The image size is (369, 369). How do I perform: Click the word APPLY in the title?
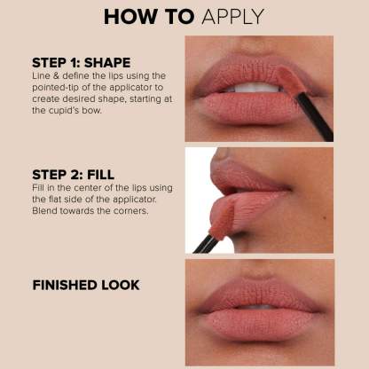[x=232, y=17]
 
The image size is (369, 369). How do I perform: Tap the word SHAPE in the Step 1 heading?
[x=107, y=63]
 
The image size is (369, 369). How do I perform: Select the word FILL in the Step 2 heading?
[x=101, y=175]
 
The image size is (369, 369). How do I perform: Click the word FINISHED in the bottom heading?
[x=65, y=285]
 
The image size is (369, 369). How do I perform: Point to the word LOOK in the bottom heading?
[x=121, y=285]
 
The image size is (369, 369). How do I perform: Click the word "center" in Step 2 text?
[x=87, y=188]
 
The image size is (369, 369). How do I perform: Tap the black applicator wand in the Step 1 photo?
[x=314, y=117]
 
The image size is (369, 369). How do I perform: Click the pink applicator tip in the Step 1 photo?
[x=290, y=80]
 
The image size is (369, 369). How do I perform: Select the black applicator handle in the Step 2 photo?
[x=206, y=244]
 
